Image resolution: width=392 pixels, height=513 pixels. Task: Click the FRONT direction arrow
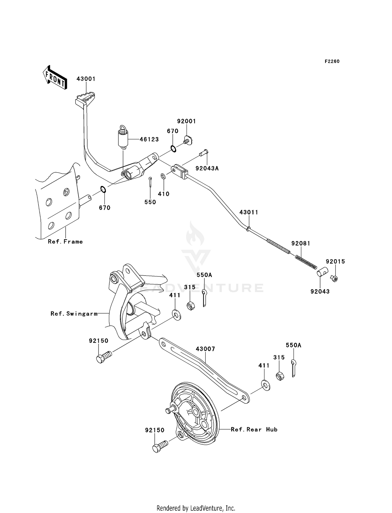pos(55,78)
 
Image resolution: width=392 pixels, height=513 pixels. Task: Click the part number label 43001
pos(86,79)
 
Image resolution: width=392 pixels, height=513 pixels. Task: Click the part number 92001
pos(186,121)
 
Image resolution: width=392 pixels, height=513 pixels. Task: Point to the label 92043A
pos(207,168)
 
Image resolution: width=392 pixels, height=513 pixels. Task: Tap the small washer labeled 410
pos(163,176)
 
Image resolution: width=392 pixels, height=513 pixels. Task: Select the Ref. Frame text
pos(65,242)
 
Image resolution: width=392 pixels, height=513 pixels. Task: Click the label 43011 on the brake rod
pos(249,212)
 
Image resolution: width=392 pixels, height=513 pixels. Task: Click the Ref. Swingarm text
pos(74,314)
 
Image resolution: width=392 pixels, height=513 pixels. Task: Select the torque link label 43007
pos(205,349)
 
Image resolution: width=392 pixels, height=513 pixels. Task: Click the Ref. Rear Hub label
pos(254,430)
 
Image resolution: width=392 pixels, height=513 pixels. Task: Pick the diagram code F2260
pos(332,61)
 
